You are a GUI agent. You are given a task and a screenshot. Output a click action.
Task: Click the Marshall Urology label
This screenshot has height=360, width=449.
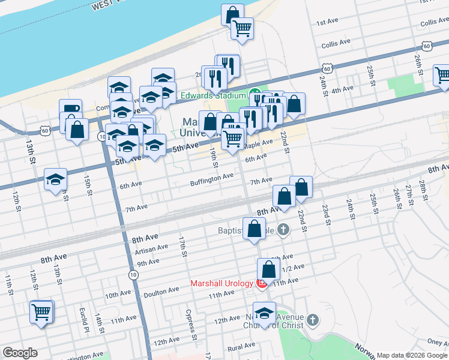pos(222,283)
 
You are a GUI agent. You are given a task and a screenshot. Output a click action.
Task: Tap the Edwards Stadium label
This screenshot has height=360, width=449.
pos(214,94)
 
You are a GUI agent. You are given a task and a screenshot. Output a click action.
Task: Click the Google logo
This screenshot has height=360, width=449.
pos(20,353)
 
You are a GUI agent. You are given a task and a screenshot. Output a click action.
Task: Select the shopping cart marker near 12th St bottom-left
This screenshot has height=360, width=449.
pos(41,313)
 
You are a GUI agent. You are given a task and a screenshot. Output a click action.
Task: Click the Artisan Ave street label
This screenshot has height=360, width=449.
pos(152,248)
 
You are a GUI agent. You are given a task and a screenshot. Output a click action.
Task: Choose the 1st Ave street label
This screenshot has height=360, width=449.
pos(328,22)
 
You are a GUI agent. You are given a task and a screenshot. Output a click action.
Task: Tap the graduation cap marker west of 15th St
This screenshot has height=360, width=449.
pos(55,180)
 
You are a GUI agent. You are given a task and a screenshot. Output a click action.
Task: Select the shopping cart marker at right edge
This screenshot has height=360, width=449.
pos(442,76)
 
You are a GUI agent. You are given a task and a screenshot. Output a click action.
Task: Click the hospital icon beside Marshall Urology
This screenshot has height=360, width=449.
pos(262,283)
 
